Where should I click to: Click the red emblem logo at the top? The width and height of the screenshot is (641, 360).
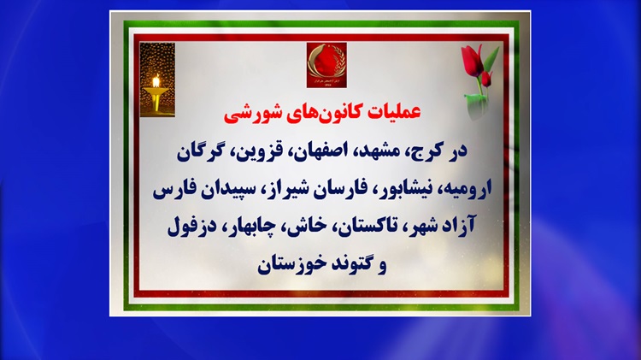326,65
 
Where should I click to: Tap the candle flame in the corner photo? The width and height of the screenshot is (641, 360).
156,81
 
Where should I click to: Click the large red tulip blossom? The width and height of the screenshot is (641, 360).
472,61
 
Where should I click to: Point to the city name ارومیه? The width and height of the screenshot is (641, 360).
468,189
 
